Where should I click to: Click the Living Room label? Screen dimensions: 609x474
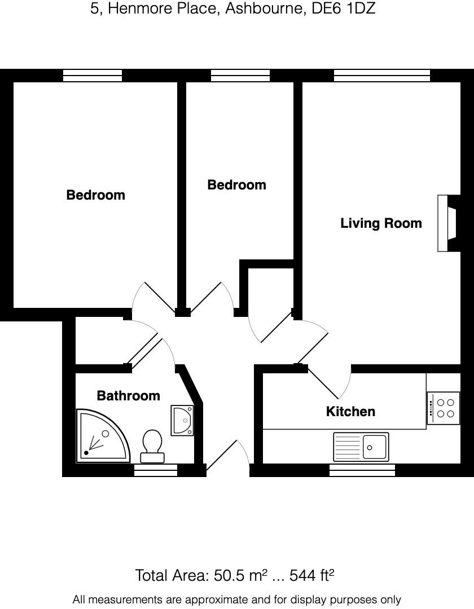point(381,223)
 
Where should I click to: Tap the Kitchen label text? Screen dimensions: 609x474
point(350,412)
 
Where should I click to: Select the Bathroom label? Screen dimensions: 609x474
point(128,396)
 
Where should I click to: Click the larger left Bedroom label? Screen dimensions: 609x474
point(95,195)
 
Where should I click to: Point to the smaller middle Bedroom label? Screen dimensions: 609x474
point(236,185)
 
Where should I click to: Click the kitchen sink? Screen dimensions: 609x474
point(361,447)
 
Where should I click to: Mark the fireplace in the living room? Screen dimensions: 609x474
point(449,223)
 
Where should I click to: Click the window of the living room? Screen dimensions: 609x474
point(381,76)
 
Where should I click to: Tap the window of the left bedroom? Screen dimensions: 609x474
point(92,76)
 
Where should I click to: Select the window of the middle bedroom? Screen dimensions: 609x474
point(240,76)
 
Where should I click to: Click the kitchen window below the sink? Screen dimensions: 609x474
point(362,470)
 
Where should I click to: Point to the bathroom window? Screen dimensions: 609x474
point(156,470)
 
